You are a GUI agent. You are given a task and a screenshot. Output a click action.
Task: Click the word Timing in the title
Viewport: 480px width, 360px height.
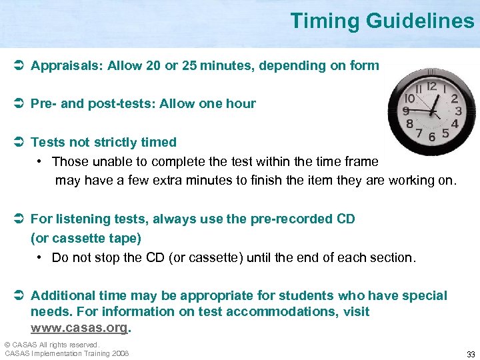tap(325, 21)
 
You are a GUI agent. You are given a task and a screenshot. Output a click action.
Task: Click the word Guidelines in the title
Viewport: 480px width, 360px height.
tap(420, 21)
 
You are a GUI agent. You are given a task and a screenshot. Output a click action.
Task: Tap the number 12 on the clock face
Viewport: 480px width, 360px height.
tap(431, 86)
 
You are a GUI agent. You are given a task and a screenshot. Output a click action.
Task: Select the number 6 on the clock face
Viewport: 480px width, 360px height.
tap(432, 136)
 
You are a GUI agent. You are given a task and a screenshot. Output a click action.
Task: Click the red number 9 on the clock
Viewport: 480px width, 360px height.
tap(405, 111)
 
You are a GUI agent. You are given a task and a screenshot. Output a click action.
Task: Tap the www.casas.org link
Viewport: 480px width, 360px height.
tap(79, 328)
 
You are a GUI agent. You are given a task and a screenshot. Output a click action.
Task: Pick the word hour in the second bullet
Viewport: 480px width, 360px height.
tap(241, 103)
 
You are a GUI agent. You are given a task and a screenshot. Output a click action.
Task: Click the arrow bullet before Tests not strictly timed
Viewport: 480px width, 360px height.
tap(19, 142)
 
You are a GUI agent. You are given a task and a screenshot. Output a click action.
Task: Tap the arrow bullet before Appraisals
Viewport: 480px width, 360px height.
tap(19, 66)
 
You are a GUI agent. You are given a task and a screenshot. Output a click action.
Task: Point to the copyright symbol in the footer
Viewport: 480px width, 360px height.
tap(7, 345)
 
